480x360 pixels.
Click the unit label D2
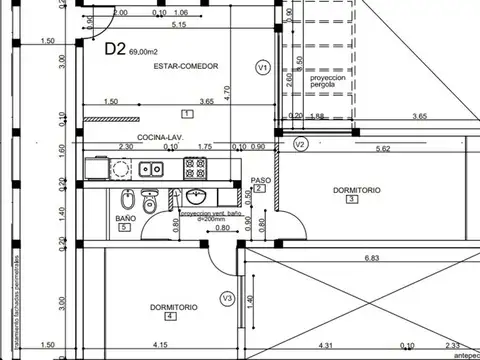pos(116,46)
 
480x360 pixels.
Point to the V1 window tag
pos(262,68)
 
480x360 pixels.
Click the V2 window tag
pos(300,144)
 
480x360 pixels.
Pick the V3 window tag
pos(227,298)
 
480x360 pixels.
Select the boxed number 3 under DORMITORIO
pos(351,198)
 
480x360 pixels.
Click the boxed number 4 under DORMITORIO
pos(170,317)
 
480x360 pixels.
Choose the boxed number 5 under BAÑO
pos(123,228)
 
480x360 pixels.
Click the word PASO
pos(259,180)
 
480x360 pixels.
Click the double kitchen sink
pos(151,168)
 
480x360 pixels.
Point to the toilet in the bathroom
pos(151,203)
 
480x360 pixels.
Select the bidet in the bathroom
pos(126,198)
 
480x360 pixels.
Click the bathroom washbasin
pos(195,196)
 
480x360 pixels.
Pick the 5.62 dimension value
pos(382,149)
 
